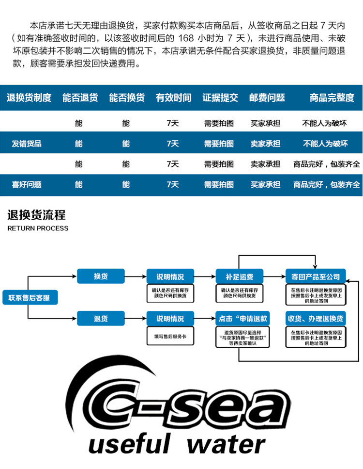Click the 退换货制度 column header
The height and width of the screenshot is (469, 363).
(x=29, y=97)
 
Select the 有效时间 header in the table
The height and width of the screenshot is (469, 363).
(x=173, y=97)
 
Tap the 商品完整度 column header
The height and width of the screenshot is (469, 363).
(x=332, y=97)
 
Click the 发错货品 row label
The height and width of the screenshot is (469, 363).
(x=27, y=144)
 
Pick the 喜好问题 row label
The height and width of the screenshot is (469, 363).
(x=27, y=184)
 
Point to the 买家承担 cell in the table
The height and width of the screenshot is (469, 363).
(x=265, y=123)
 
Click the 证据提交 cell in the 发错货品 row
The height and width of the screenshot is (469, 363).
(x=219, y=144)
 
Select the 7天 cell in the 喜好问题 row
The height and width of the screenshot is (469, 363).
(x=173, y=184)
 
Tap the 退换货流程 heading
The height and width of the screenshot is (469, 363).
(x=36, y=215)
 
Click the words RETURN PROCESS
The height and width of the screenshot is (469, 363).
(x=38, y=228)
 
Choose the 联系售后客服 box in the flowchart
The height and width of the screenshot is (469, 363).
(x=30, y=297)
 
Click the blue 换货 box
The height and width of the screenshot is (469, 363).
(x=101, y=276)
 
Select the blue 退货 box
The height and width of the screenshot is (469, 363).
(x=101, y=318)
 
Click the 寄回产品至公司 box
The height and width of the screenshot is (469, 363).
(x=316, y=276)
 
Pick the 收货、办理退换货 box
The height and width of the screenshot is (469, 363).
(x=316, y=318)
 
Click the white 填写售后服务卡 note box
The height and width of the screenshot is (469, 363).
(x=170, y=336)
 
